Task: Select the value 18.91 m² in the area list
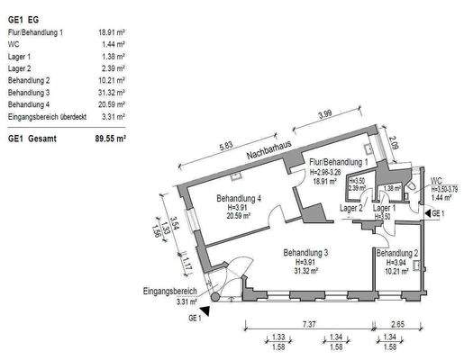tap(111, 31)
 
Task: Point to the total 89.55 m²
tap(109, 139)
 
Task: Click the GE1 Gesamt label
tap(33, 139)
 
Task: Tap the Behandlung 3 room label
tap(306, 253)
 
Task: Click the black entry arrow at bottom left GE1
tap(206, 310)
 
